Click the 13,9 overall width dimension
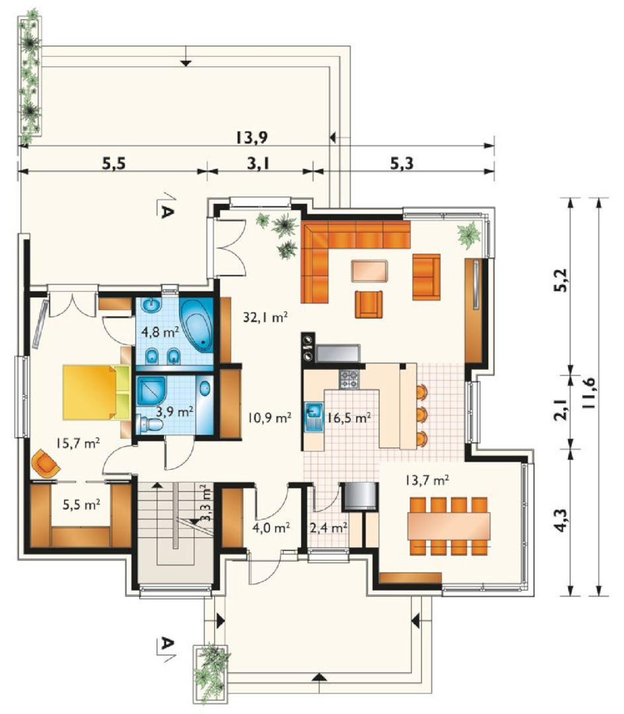(x=252, y=137)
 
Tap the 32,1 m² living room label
(x=264, y=317)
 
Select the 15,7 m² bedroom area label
(x=78, y=442)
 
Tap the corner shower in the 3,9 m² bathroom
(x=152, y=390)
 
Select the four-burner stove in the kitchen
(x=348, y=378)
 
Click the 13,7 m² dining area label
(x=428, y=479)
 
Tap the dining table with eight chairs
(x=448, y=526)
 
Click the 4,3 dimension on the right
(x=563, y=520)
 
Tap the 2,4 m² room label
(x=329, y=528)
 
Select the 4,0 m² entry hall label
(x=271, y=528)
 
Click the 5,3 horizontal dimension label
(x=402, y=163)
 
